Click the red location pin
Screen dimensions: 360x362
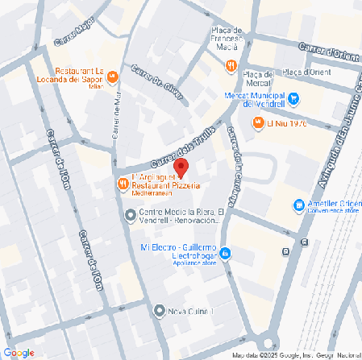tap(181, 168)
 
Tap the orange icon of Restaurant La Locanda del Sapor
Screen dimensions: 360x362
tap(112, 77)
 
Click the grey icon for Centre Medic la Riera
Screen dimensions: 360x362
tap(131, 214)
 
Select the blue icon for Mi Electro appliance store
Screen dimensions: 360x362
tap(225, 253)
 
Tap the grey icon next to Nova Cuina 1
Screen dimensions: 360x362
tap(159, 310)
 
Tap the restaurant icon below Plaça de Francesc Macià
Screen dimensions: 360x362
tap(231, 66)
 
